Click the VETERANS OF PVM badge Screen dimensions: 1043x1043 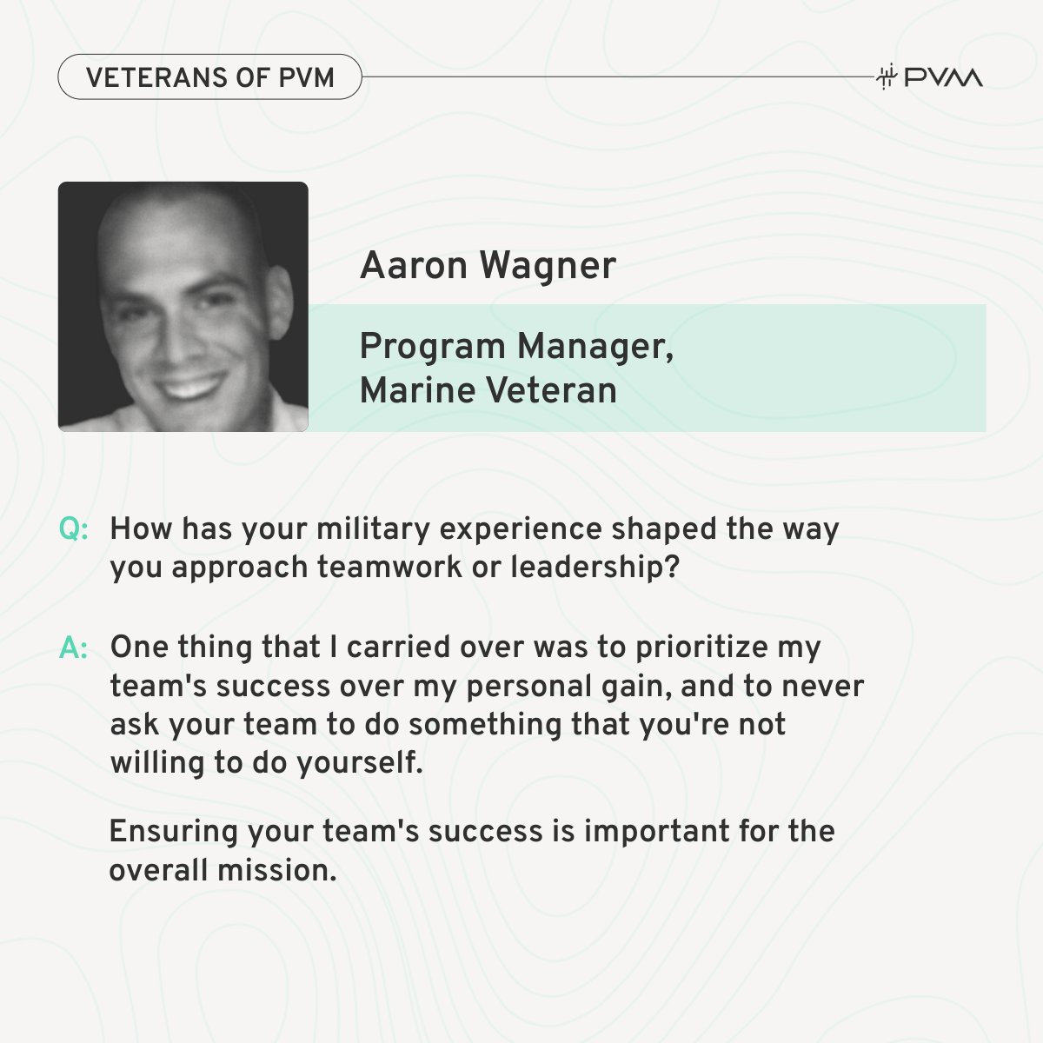209,76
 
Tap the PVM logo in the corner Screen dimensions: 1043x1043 930,77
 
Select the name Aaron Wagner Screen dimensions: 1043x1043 488,266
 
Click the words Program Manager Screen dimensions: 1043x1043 516,347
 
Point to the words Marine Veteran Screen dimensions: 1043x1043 488,390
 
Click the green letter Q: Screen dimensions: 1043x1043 74,529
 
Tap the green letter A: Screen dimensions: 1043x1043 74,648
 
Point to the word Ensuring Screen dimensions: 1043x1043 173,831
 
